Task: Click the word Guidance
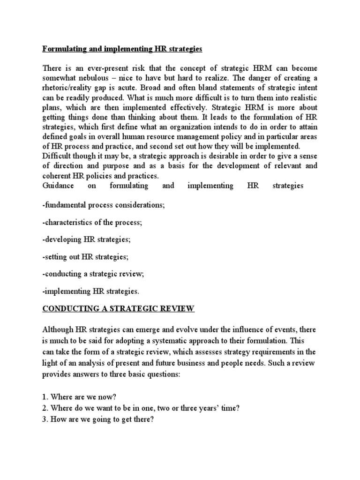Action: click(58, 186)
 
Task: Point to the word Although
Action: click(60, 329)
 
